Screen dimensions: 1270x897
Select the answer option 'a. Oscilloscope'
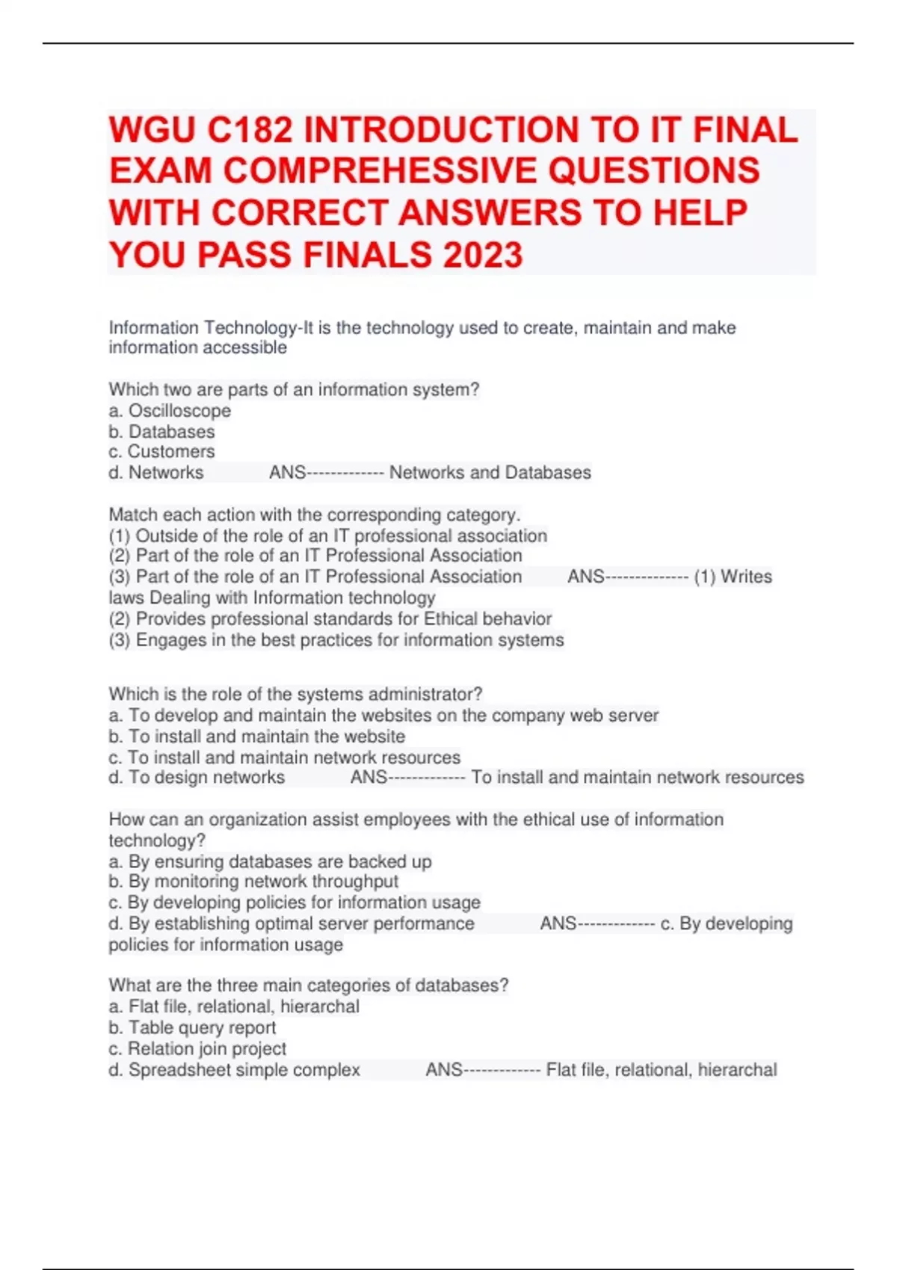(170, 411)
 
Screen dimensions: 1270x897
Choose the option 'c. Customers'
(161, 451)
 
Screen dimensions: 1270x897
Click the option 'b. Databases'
(161, 432)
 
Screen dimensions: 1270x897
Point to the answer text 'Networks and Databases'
(490, 472)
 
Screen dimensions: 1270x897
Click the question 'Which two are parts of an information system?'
(294, 389)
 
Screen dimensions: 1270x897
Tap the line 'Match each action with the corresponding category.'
(314, 515)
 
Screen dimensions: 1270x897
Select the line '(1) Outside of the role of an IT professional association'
(327, 536)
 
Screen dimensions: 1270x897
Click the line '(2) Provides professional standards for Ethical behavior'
(330, 619)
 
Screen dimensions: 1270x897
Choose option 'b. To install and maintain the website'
(256, 736)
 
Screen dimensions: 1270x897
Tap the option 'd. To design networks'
(197, 777)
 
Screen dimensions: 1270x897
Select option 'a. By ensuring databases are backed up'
(270, 861)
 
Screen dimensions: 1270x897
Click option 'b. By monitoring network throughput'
(253, 882)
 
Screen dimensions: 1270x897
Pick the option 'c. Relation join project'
(197, 1048)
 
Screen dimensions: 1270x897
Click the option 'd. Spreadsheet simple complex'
(234, 1070)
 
